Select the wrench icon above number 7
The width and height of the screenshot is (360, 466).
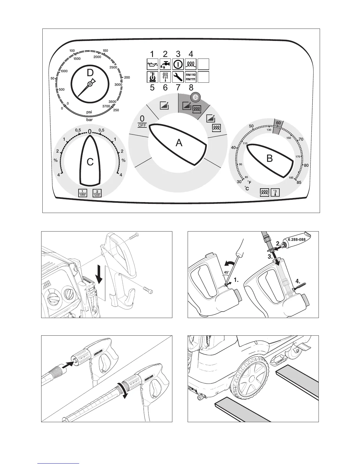coord(178,77)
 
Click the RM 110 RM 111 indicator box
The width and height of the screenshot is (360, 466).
coord(191,77)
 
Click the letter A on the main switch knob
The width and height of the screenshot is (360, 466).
coord(179,143)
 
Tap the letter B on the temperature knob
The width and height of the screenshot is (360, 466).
coord(269,159)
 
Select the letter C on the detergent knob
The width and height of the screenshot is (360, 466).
coord(90,162)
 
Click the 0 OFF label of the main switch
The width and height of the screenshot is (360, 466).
coord(142,121)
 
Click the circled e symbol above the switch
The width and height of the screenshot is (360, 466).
coord(194,97)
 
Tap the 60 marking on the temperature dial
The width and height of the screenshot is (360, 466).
coord(279,123)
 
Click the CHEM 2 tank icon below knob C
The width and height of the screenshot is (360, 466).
coord(97,193)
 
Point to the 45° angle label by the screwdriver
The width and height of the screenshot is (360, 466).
coord(226,272)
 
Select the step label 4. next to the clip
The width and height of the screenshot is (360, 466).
coord(298,281)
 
